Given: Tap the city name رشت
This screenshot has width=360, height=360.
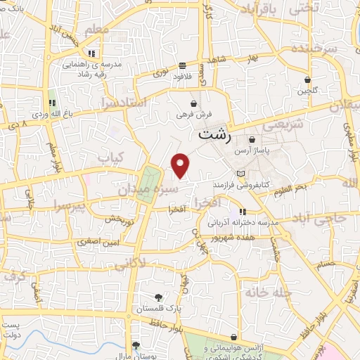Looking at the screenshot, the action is click(x=214, y=134).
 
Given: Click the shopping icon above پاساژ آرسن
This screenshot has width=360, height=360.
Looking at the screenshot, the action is click(x=252, y=140).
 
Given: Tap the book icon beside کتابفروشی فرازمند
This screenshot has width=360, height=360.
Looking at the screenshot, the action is click(x=242, y=173).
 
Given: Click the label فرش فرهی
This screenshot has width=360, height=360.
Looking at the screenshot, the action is click(x=193, y=115).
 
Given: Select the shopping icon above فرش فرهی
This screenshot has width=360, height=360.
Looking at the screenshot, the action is click(x=193, y=103).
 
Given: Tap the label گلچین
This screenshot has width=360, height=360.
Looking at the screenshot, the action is click(x=307, y=91).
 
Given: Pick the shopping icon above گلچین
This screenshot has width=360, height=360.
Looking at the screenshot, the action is click(x=307, y=79).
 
